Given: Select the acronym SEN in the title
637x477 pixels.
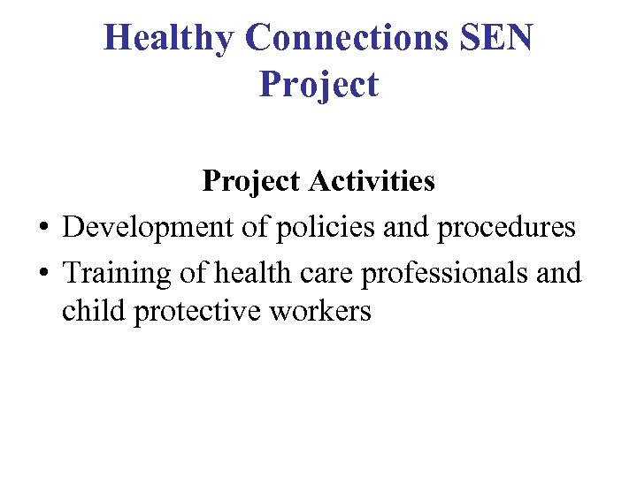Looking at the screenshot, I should coord(503,38).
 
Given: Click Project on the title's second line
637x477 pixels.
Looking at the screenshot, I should coord(318,85).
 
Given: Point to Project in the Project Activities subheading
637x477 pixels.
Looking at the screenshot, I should coord(252,181).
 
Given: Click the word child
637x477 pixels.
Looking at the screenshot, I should coord(94,312).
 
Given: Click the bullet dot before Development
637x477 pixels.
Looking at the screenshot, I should coord(42,229).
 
